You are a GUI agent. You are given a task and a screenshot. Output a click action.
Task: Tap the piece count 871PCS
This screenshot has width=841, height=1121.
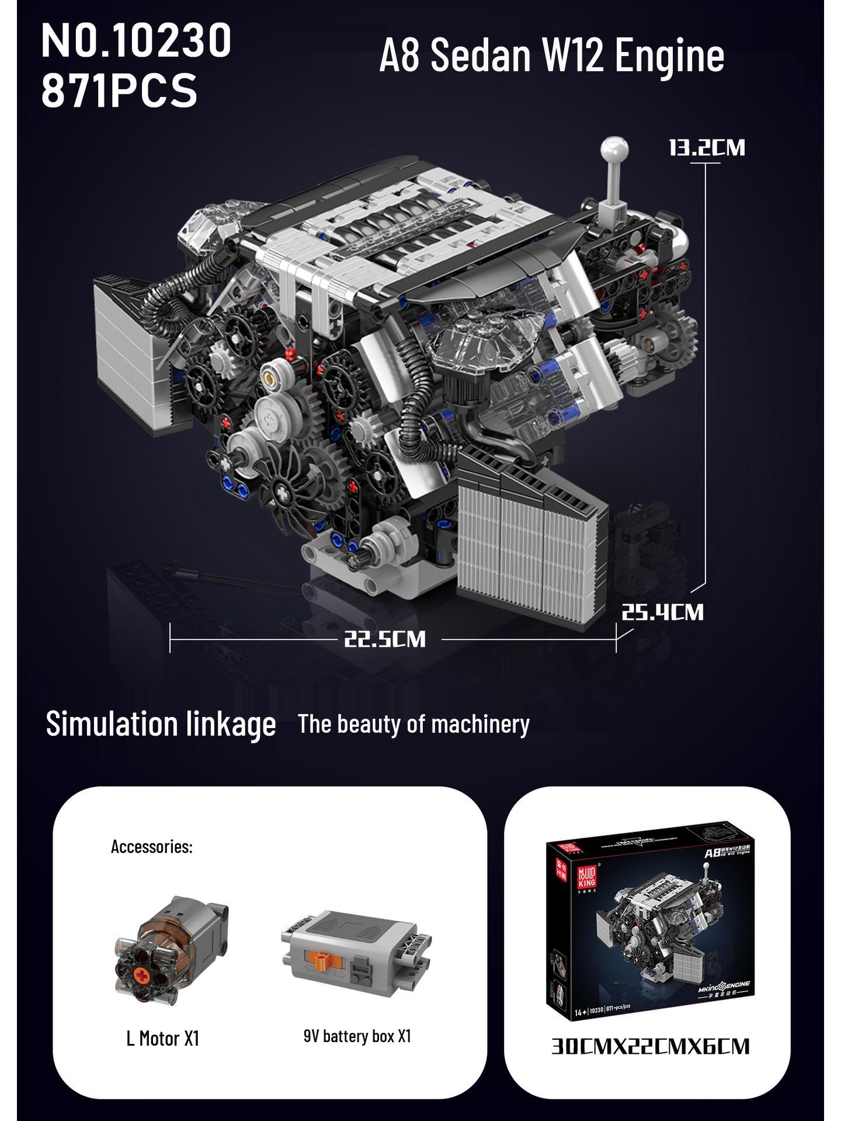pyautogui.click(x=119, y=90)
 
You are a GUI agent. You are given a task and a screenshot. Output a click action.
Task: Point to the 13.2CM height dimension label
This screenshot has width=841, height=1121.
pyautogui.click(x=707, y=147)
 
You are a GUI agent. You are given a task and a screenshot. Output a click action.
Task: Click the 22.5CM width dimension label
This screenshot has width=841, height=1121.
pyautogui.click(x=384, y=639)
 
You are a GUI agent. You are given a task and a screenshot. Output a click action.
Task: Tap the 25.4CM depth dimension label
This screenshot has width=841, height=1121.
pyautogui.click(x=662, y=612)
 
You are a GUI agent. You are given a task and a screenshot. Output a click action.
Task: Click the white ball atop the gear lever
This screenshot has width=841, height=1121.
pyautogui.click(x=614, y=151)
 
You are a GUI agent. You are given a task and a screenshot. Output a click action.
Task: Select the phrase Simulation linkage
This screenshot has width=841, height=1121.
pyautogui.click(x=161, y=724)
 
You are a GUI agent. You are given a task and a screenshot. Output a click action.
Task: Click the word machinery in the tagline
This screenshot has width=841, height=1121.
pyautogui.click(x=480, y=724)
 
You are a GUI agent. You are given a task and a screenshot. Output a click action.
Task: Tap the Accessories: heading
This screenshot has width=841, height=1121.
pyautogui.click(x=151, y=847)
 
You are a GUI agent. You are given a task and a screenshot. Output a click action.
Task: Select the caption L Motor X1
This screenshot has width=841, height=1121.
pyautogui.click(x=162, y=1039)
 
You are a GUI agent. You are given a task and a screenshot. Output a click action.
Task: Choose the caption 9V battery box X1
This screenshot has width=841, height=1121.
pyautogui.click(x=357, y=1036)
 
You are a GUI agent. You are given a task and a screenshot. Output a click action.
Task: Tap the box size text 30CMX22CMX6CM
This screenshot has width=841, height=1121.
pyautogui.click(x=650, y=1046)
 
